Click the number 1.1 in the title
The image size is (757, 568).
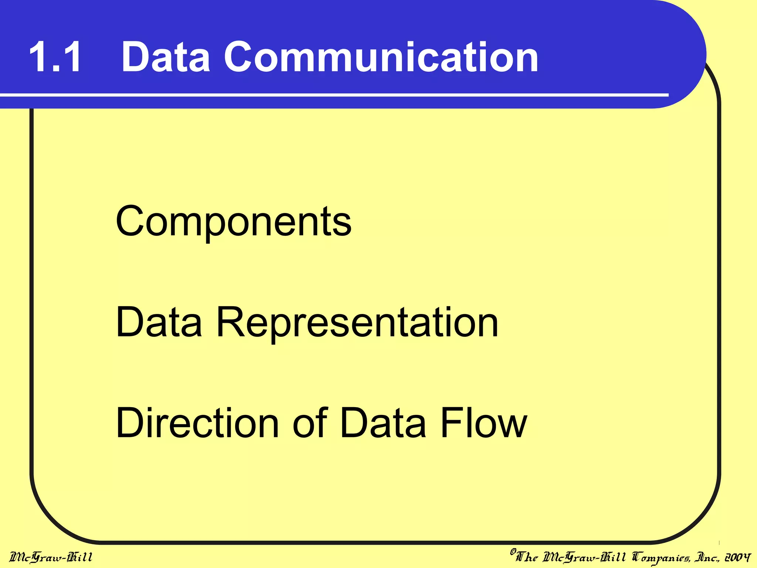pyautogui.click(x=55, y=57)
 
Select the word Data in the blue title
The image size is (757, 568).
pyautogui.click(x=166, y=57)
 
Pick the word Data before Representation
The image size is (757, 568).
pyautogui.click(x=159, y=322)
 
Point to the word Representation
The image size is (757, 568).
pyautogui.click(x=357, y=323)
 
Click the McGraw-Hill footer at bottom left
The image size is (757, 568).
pyautogui.click(x=51, y=557)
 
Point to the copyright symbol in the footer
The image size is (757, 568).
pyautogui.click(x=513, y=552)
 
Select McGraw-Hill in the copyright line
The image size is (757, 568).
pyautogui.click(x=584, y=557)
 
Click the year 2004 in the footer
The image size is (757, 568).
pyautogui.click(x=737, y=557)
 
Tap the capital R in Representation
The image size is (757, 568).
pyautogui.click(x=230, y=322)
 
